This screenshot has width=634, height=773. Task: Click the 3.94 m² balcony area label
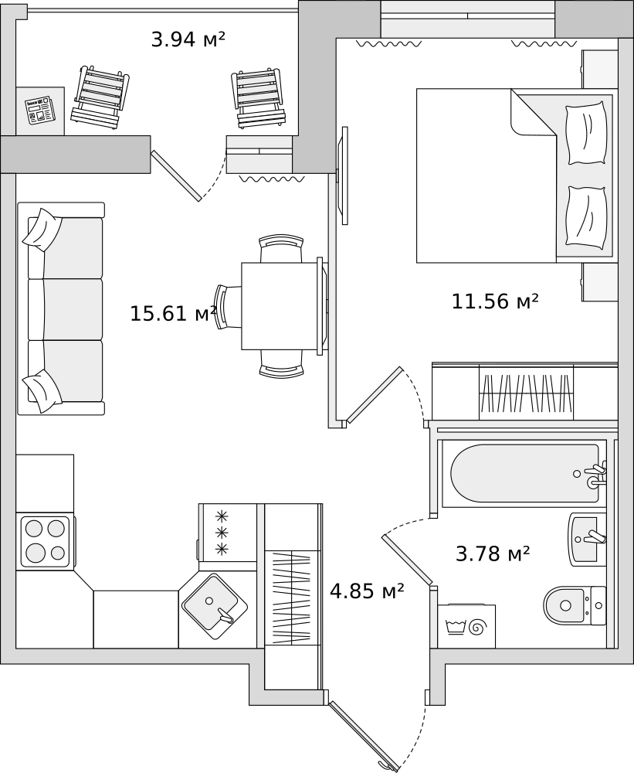[x=188, y=39]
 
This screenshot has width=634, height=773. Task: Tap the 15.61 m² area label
[x=173, y=314]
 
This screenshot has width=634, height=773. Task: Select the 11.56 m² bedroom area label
[x=494, y=301]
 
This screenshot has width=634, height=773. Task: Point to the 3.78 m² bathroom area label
[x=493, y=553]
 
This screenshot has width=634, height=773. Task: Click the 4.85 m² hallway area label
[x=367, y=590]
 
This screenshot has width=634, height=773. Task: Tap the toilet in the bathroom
[x=575, y=605]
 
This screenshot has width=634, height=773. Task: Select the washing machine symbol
[x=466, y=626]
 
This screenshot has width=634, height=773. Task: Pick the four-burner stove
[x=46, y=541]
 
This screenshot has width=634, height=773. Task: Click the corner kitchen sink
[x=215, y=606]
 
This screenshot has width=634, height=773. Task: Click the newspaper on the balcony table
[x=40, y=110]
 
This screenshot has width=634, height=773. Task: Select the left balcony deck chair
[x=100, y=98]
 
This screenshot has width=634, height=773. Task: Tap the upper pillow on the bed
[x=586, y=133]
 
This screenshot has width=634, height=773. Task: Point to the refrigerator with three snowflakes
[x=228, y=533]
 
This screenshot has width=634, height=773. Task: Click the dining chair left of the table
[x=227, y=306]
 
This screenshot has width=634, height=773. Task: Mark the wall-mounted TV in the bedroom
[x=344, y=175]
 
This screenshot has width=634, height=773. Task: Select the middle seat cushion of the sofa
[x=73, y=310]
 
